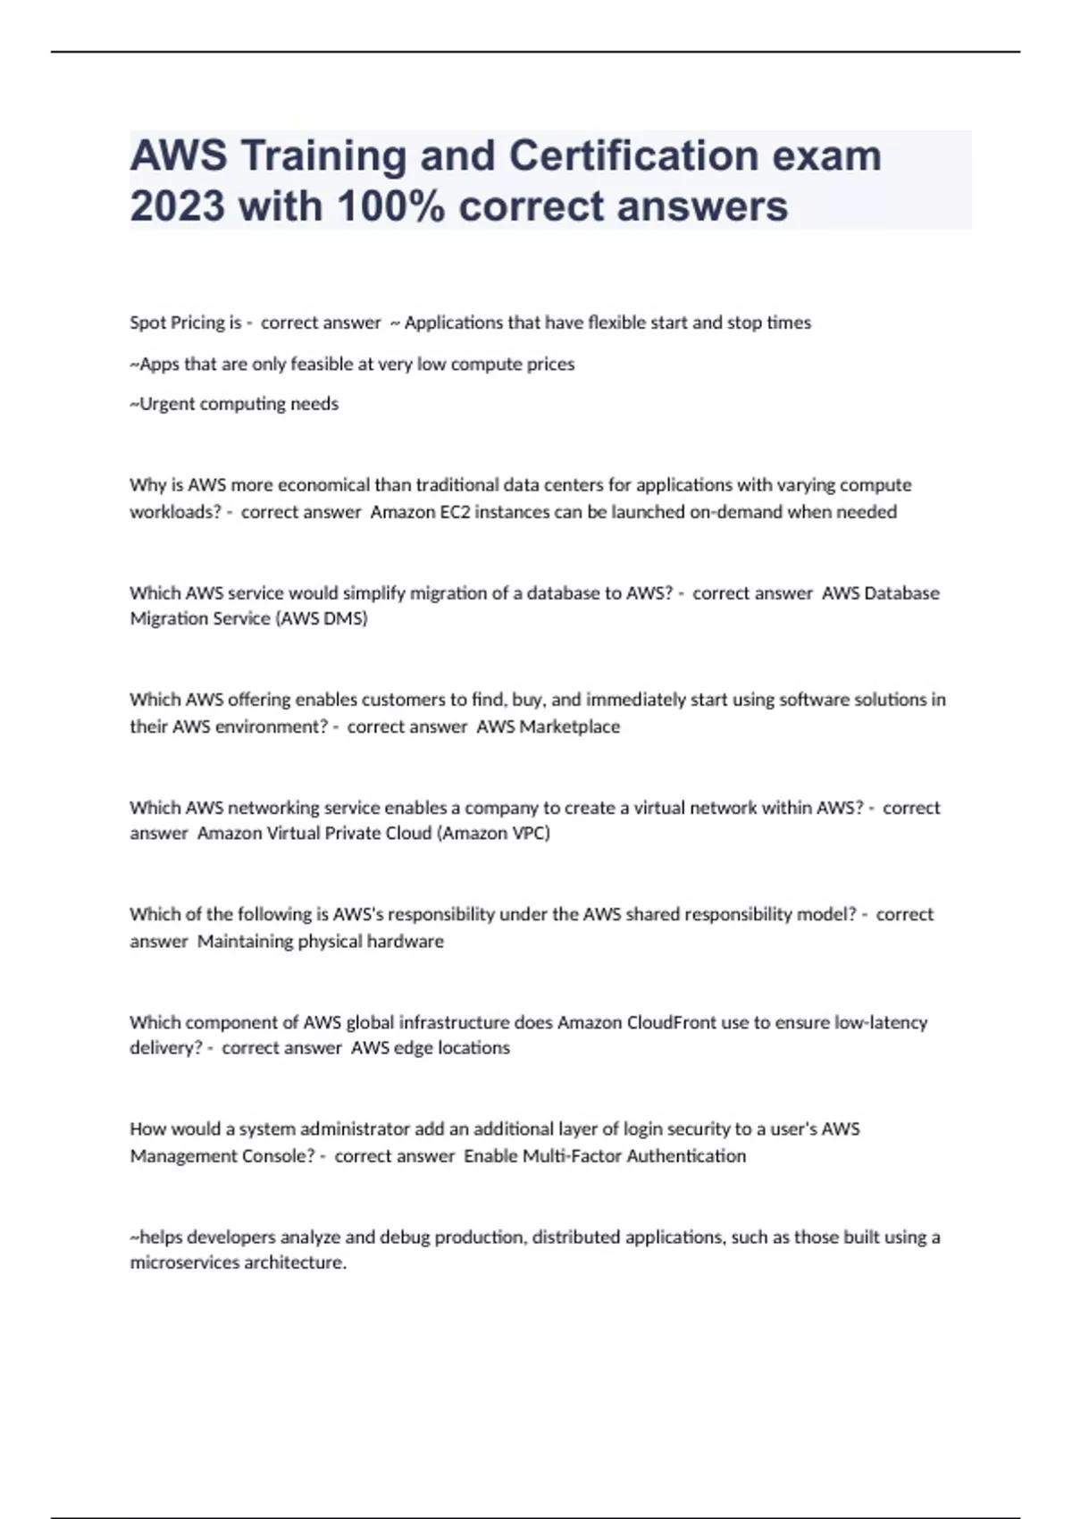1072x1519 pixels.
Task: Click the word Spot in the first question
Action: tap(147, 323)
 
